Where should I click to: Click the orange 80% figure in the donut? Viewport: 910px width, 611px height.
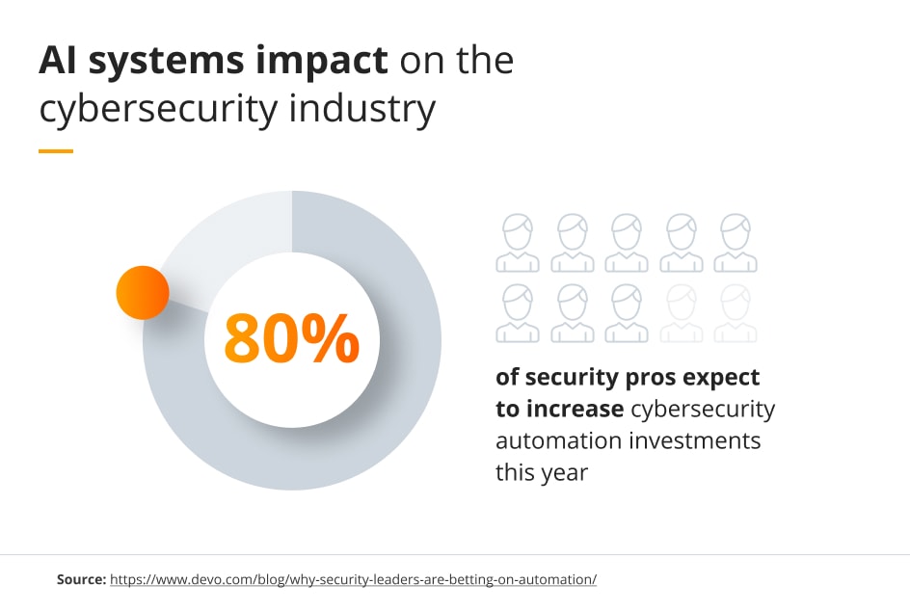291,338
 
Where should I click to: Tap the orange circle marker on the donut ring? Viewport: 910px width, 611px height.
143,292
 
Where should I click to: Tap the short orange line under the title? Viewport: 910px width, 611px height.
56,151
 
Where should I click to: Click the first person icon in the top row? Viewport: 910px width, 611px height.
518,243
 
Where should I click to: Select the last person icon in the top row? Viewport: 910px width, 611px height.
736,243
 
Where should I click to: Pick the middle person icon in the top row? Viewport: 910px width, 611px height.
627,243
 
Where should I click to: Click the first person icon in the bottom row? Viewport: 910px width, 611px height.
518,313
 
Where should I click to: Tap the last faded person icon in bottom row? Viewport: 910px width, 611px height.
736,313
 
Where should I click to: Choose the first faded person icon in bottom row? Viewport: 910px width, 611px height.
682,313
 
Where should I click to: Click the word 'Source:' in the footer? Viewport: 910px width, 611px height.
80,580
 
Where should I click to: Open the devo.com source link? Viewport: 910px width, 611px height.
353,580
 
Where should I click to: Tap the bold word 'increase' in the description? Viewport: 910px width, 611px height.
575,409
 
